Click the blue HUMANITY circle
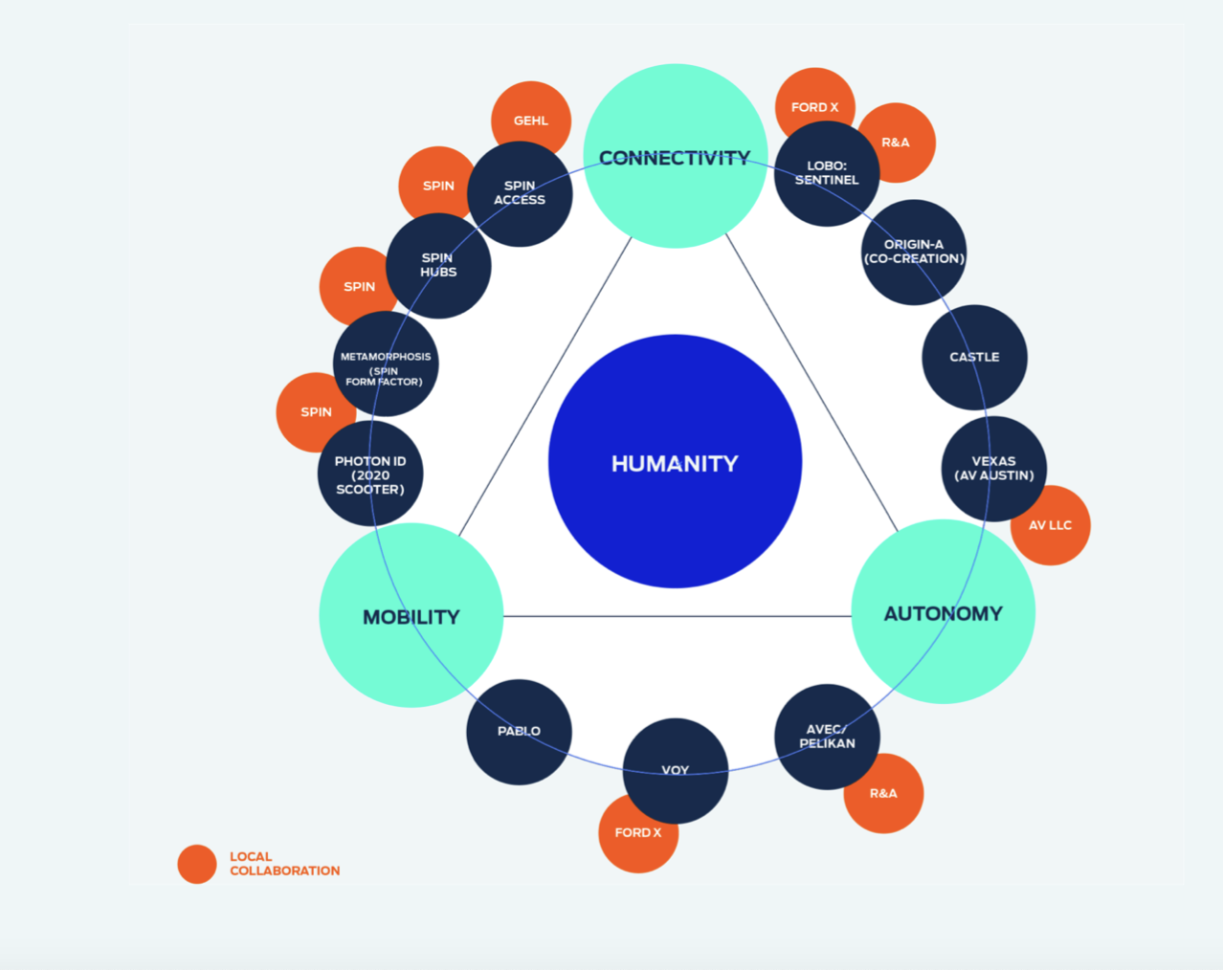[676, 461]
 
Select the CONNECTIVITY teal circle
[676, 156]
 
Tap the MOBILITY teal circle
[411, 615]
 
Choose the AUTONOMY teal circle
[944, 611]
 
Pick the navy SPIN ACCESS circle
[520, 194]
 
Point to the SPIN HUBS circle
[438, 266]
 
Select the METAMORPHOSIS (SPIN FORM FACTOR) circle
[386, 364]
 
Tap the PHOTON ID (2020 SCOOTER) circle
[370, 474]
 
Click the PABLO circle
[520, 732]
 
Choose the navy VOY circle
[676, 771]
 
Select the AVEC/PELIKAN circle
[828, 737]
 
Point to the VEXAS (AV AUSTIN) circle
[994, 469]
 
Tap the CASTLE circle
[974, 358]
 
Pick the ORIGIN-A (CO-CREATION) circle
[914, 253]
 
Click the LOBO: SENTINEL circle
[827, 173]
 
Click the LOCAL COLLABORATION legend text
[285, 864]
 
